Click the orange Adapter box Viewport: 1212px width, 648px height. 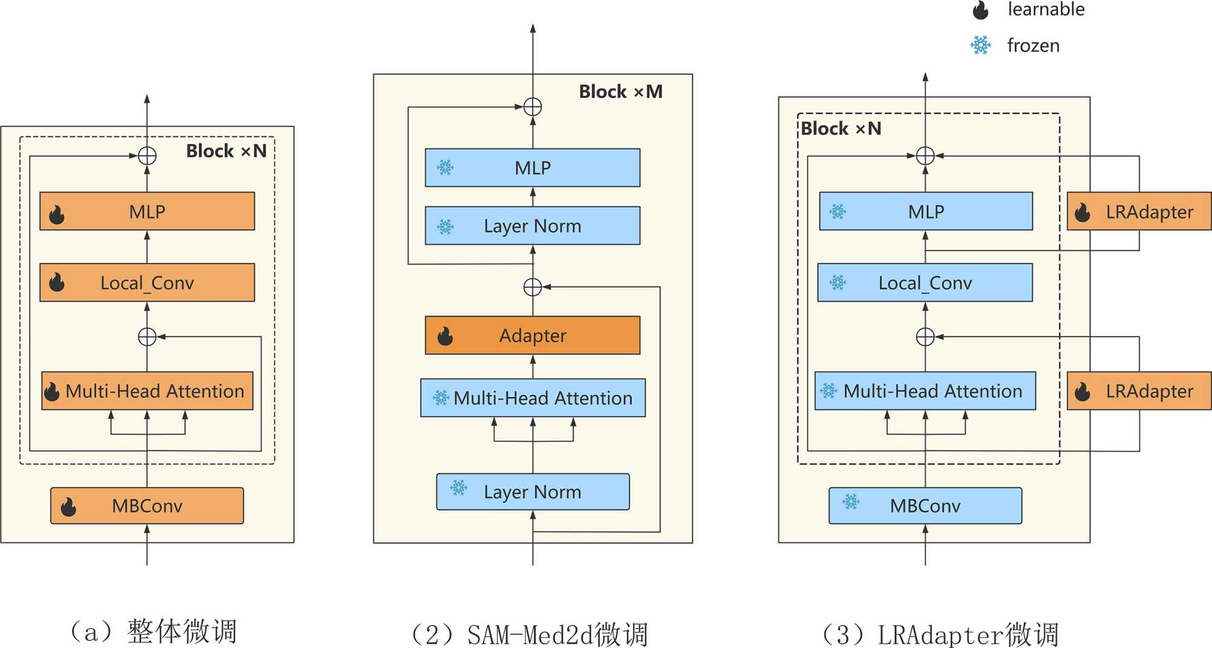532,335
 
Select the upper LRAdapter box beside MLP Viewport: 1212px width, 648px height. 1139,211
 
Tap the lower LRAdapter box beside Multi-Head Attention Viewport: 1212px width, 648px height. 1139,391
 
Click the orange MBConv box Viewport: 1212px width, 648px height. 147,506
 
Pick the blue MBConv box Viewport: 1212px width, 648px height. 925,506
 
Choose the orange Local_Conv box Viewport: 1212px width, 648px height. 147,282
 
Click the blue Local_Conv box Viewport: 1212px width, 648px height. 925,282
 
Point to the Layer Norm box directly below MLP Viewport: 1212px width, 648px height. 532,226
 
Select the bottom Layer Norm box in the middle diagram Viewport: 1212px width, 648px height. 532,492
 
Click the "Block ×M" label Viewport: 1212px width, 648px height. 621,91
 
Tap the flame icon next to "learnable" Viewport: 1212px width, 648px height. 981,10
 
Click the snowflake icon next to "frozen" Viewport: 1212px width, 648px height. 981,45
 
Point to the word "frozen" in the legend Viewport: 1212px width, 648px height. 1033,45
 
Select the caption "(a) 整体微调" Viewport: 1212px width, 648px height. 153,631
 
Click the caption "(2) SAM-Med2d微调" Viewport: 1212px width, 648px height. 529,635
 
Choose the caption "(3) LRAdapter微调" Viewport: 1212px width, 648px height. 940,635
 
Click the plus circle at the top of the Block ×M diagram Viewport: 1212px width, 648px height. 532,107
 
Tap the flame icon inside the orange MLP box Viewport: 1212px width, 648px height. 57,214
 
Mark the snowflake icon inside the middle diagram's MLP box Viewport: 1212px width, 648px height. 445,168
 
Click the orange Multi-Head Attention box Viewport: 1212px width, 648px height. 147,391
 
